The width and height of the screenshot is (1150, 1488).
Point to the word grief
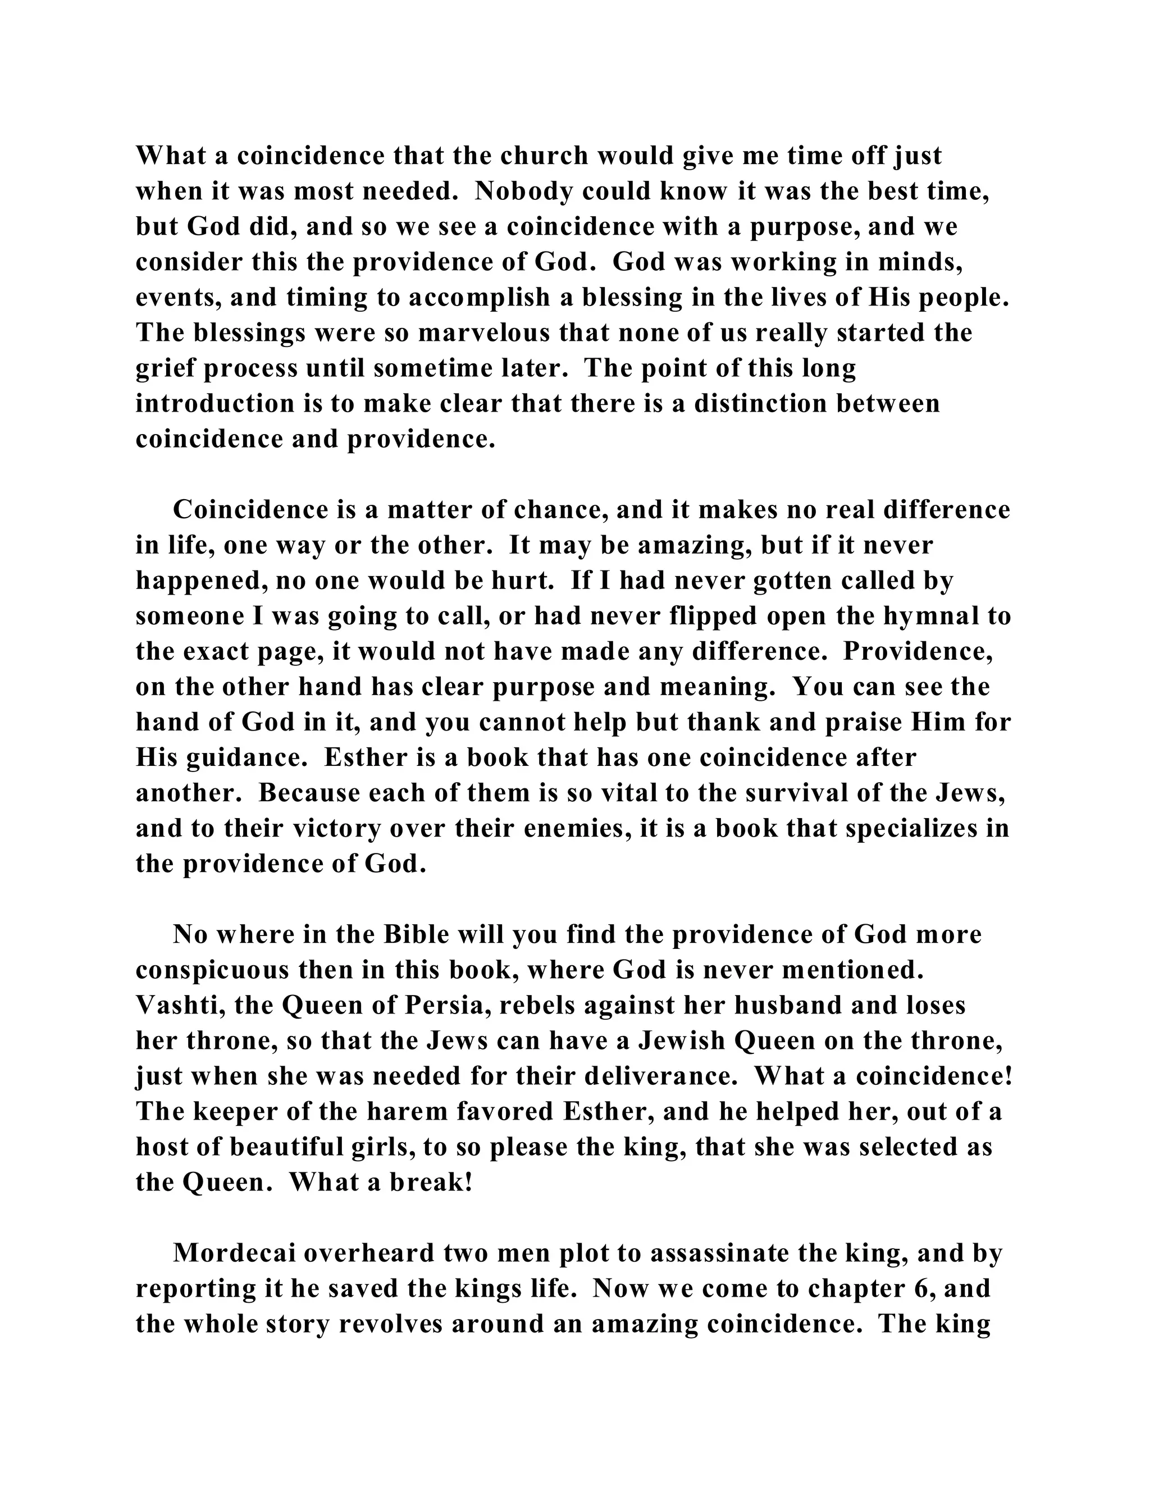click(x=166, y=368)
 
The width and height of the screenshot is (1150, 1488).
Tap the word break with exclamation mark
click(x=431, y=1183)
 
